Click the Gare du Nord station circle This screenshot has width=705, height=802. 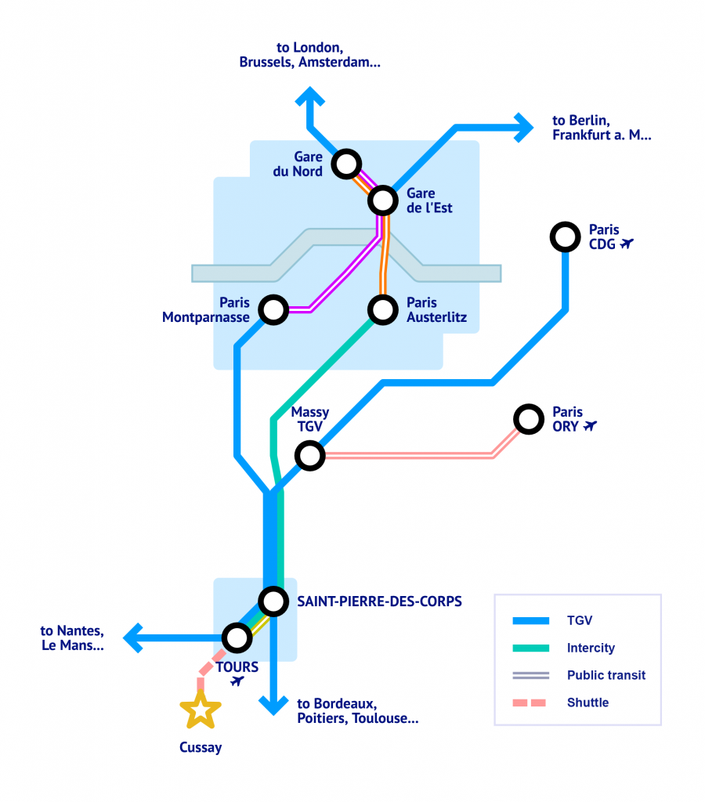pyautogui.click(x=345, y=164)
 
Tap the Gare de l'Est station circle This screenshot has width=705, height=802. pyautogui.click(x=383, y=200)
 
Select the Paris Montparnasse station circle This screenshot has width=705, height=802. pyautogui.click(x=273, y=309)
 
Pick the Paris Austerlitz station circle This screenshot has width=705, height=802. pyautogui.click(x=383, y=309)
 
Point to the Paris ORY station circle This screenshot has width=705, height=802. pyautogui.click(x=528, y=418)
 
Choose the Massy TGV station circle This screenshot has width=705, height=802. pyautogui.click(x=309, y=455)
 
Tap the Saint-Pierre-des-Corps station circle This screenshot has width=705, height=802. pyautogui.click(x=273, y=601)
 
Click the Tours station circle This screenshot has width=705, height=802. pyautogui.click(x=237, y=638)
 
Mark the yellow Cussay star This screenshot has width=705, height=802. pyautogui.click(x=201, y=710)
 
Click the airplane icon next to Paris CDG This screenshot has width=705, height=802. pyautogui.click(x=627, y=244)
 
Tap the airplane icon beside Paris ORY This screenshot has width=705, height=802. pyautogui.click(x=590, y=426)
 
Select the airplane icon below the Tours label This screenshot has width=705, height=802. pyautogui.click(x=237, y=682)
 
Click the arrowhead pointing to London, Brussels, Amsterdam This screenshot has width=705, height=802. pyautogui.click(x=310, y=97)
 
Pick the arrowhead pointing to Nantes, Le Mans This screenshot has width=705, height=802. pyautogui.click(x=134, y=638)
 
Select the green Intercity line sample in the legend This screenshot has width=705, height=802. pyautogui.click(x=530, y=648)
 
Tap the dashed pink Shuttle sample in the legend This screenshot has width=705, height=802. pyautogui.click(x=530, y=703)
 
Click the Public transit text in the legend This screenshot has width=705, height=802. pyautogui.click(x=606, y=675)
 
